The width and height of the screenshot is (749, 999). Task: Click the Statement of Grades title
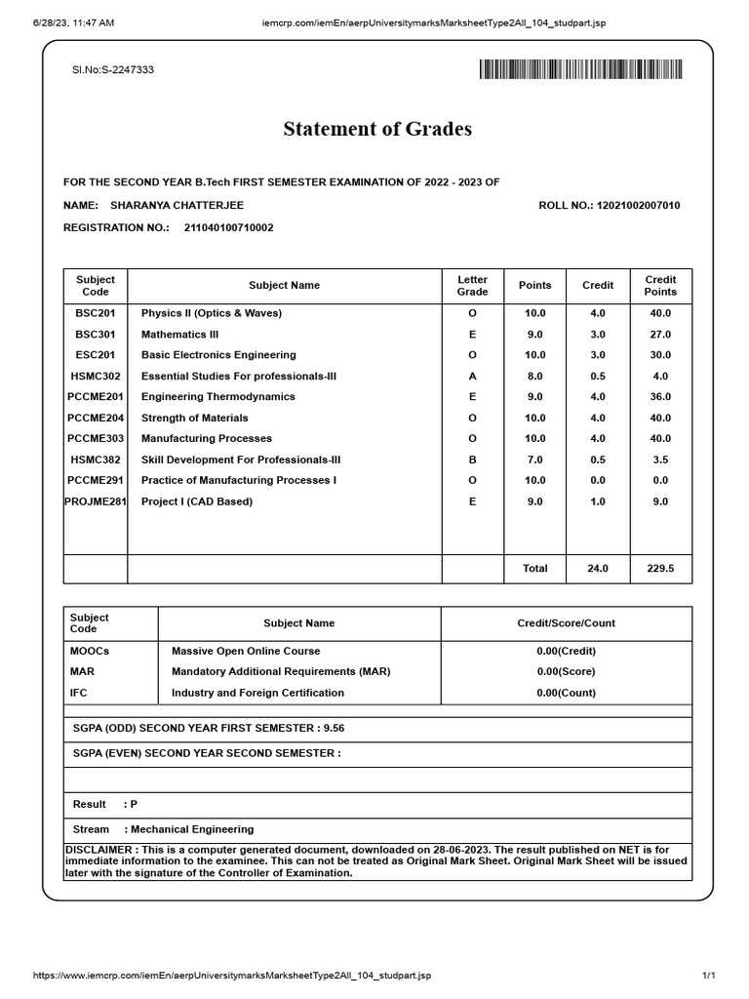pos(377,129)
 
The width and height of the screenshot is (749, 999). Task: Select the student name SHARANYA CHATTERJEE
pos(177,206)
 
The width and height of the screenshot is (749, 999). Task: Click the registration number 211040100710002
pos(228,227)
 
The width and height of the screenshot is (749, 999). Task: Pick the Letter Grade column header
pos(472,286)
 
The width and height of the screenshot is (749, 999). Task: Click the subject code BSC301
pos(95,335)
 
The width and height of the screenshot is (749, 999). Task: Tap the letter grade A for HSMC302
pos(472,376)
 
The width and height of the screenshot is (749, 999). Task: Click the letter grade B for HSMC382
pos(472,460)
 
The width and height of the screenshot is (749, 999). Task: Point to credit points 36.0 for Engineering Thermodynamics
pos(660,397)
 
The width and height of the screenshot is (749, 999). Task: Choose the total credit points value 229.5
pos(660,568)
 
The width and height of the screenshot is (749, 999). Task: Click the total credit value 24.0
pos(597,568)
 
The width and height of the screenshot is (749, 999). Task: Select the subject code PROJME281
pos(96,501)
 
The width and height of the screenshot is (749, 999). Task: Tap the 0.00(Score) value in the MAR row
pos(566,672)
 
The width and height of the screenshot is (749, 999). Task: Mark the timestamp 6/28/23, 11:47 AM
pos(73,21)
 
